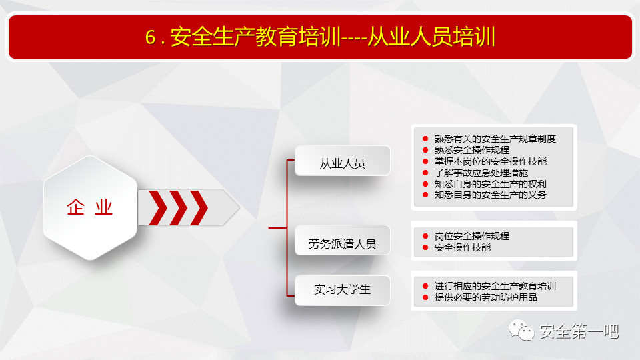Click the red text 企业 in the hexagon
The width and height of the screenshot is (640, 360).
click(x=89, y=207)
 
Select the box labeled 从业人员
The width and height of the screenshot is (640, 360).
click(x=342, y=161)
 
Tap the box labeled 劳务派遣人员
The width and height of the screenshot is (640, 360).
click(x=342, y=241)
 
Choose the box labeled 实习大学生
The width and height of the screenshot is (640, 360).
click(x=342, y=290)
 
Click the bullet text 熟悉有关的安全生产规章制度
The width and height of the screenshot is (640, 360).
click(x=495, y=139)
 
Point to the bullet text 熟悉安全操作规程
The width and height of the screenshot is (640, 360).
click(x=472, y=150)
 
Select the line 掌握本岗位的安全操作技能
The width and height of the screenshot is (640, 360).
click(x=490, y=161)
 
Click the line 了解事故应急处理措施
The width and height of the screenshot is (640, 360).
click(x=481, y=173)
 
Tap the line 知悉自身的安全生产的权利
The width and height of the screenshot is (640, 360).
click(x=490, y=184)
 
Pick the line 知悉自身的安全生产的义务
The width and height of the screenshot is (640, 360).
click(x=490, y=195)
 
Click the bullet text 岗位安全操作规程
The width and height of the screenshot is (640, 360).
click(x=472, y=236)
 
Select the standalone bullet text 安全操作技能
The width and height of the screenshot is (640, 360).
click(x=463, y=247)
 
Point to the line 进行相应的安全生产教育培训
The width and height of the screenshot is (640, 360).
click(x=495, y=286)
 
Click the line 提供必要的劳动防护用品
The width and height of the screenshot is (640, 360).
click(x=486, y=297)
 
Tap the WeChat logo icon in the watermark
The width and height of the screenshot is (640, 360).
click(x=521, y=330)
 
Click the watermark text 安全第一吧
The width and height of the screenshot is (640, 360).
click(x=579, y=331)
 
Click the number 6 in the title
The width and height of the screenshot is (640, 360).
click(x=150, y=37)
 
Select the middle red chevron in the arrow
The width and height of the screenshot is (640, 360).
click(x=179, y=208)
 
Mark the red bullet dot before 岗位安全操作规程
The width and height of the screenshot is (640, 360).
click(x=425, y=236)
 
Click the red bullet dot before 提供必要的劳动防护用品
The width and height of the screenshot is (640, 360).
click(x=425, y=297)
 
